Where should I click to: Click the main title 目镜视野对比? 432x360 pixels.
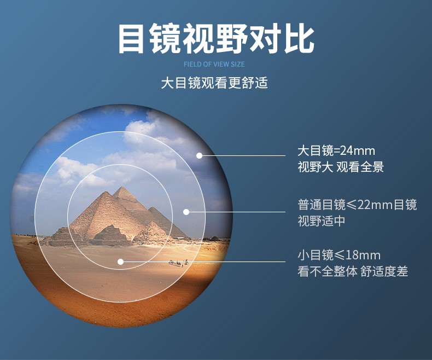point(217,38)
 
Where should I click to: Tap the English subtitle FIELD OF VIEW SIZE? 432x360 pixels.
point(214,65)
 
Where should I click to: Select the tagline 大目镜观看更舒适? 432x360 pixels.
point(214,83)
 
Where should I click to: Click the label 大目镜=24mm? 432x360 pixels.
point(336,151)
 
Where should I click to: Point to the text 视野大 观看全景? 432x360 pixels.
point(341,167)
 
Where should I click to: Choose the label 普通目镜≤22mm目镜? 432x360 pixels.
point(357,205)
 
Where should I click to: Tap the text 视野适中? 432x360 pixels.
point(321,221)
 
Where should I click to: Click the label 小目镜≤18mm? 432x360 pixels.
point(339,256)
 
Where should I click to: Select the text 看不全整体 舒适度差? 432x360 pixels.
point(353,271)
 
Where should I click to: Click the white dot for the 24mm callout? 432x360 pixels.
point(199,155)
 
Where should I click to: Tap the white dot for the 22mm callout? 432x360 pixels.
point(186,212)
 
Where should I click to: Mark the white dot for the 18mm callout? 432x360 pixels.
point(120,262)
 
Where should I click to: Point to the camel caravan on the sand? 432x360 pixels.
point(178,263)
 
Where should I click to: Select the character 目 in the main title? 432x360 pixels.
point(131,39)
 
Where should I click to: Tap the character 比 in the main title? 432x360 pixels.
point(300,39)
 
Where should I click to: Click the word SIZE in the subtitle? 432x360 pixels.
point(238,65)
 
